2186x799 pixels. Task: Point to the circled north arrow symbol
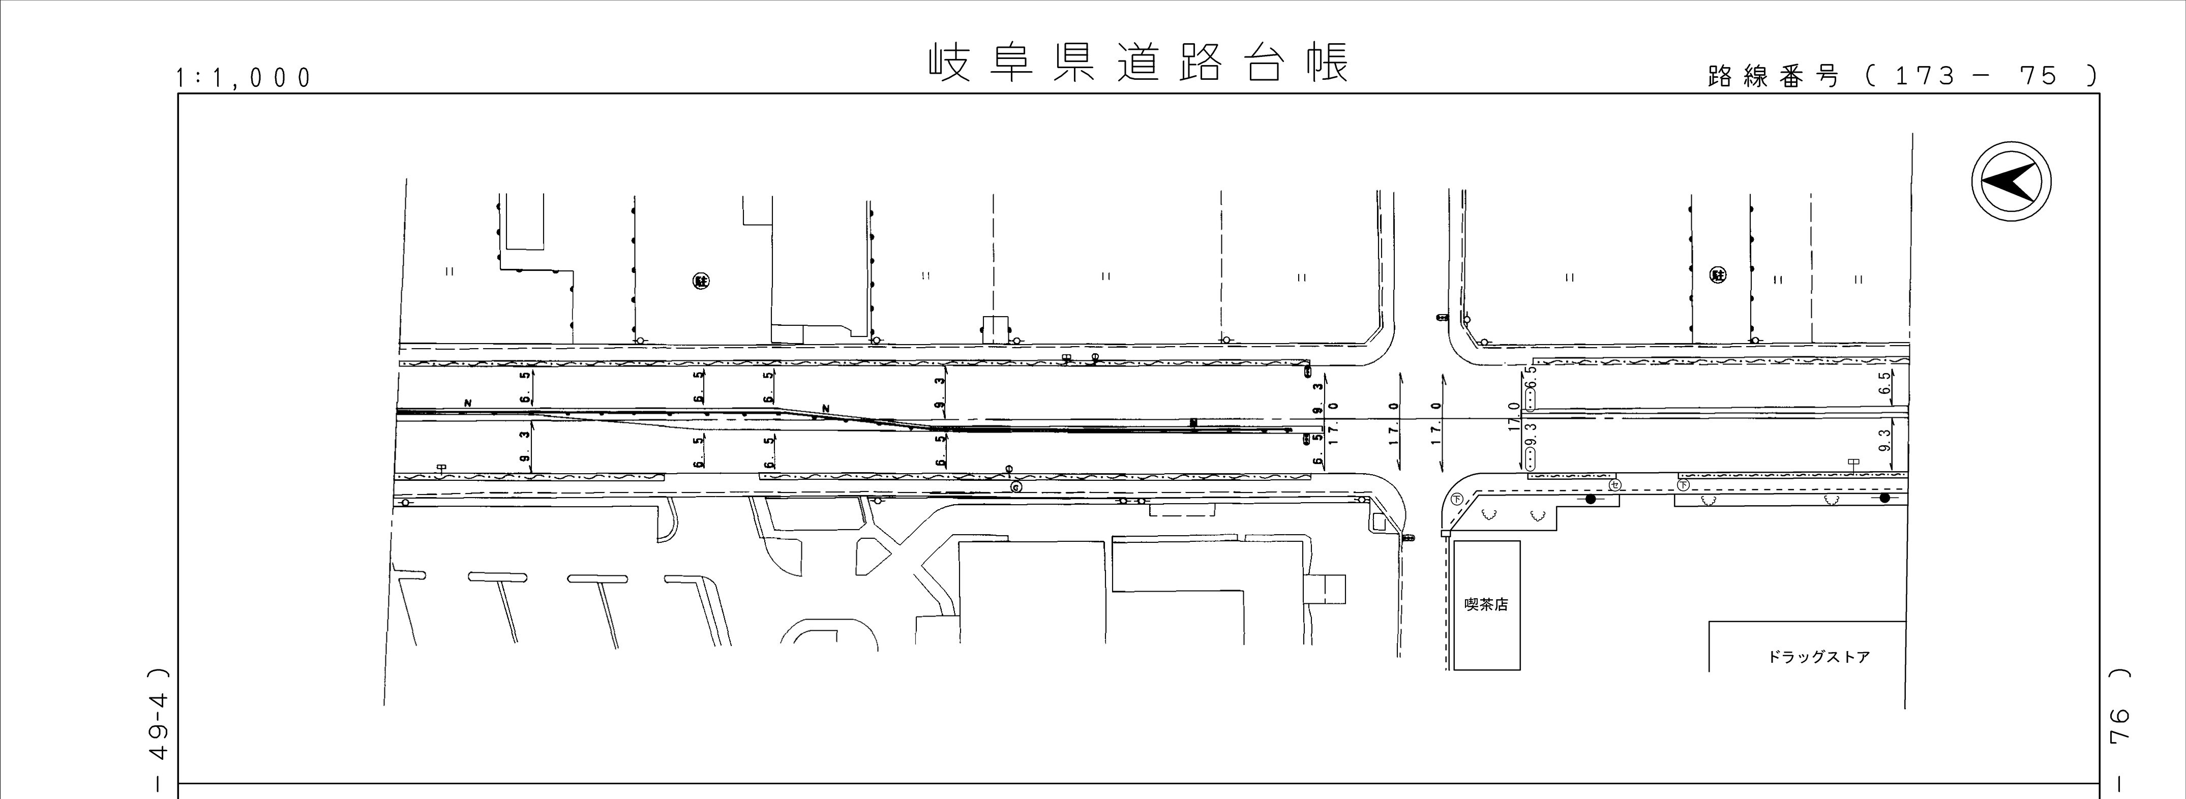tap(2011, 181)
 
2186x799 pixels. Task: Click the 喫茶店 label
tap(1486, 605)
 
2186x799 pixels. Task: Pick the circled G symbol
tap(1015, 488)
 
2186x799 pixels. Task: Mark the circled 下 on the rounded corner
tap(1457, 498)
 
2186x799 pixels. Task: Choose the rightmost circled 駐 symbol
tap(1717, 275)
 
